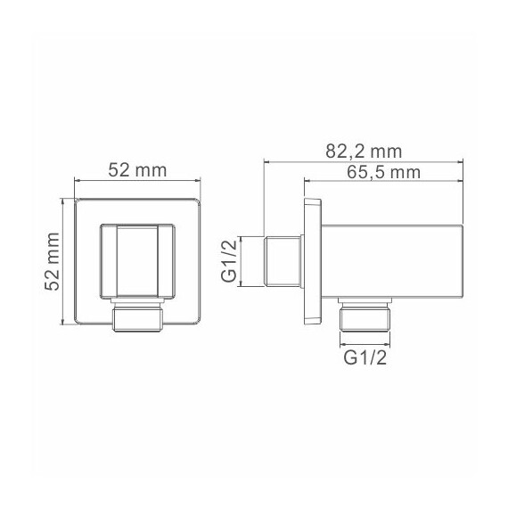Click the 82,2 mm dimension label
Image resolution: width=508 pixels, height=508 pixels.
click(x=364, y=152)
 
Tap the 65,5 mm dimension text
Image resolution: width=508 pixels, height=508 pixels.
click(x=383, y=172)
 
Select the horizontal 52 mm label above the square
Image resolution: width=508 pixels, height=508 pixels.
click(x=137, y=170)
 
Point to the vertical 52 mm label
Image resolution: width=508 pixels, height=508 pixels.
click(x=53, y=261)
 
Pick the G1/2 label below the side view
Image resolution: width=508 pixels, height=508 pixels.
click(x=365, y=357)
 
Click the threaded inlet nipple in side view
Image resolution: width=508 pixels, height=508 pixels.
click(x=283, y=261)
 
